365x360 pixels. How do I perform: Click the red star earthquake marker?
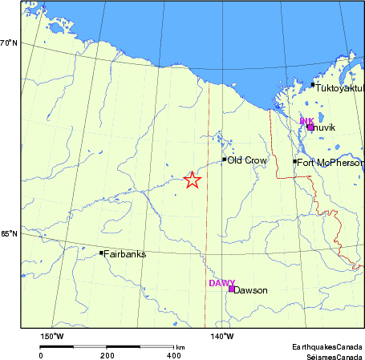coord(191,180)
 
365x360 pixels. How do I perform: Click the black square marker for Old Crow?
coord(225,160)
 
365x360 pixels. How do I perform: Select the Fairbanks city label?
coord(125,253)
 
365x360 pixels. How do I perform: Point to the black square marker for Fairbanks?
coord(101,253)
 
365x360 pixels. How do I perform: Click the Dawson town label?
coord(250,290)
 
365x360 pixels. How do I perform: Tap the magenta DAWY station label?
coord(221,283)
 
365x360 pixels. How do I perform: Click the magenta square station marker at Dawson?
coord(231,289)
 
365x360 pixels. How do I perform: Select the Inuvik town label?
coord(324,128)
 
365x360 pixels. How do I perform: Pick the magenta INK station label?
coord(306,121)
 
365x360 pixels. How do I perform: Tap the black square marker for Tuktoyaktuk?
coord(313,84)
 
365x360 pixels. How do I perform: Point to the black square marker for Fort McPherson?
coord(295,162)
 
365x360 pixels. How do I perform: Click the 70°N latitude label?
coord(9,42)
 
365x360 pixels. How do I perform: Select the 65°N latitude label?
coord(9,234)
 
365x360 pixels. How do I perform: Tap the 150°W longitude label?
coord(51,336)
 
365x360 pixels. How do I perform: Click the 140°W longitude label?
coord(222,336)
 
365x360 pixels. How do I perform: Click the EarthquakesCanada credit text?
coord(326,346)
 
